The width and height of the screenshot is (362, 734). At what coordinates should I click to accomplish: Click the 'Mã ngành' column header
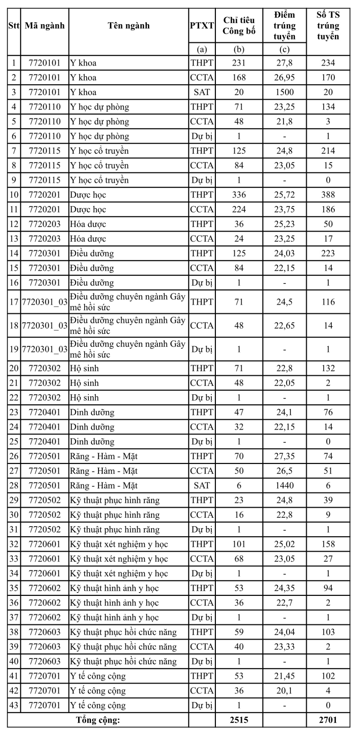(x=45, y=26)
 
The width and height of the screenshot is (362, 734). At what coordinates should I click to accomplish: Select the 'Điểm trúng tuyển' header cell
(x=284, y=26)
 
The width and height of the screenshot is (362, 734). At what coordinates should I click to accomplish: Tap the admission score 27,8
(x=284, y=63)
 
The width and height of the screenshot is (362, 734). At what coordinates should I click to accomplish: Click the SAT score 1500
(x=284, y=92)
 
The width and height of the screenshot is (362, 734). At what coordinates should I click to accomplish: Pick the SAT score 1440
(x=284, y=486)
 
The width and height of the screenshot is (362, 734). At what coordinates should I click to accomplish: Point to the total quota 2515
(x=239, y=720)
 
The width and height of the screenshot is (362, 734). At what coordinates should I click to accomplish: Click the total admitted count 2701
(x=328, y=720)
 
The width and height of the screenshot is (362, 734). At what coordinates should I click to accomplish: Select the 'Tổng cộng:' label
(x=98, y=720)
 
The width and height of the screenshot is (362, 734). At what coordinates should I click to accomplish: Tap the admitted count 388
(x=328, y=195)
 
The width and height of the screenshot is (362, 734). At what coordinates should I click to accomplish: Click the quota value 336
(x=239, y=195)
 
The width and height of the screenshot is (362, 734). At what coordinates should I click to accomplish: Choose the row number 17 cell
(x=14, y=302)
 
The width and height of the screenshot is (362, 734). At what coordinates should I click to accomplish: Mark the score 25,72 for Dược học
(x=284, y=195)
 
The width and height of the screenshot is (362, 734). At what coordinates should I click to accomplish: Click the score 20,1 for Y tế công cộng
(x=284, y=691)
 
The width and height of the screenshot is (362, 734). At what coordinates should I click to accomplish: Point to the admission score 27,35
(x=284, y=456)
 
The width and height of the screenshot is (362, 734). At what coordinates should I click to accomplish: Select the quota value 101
(x=239, y=544)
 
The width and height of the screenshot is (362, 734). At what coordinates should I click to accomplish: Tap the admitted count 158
(x=328, y=544)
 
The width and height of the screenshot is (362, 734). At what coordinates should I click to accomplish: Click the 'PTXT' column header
(x=202, y=26)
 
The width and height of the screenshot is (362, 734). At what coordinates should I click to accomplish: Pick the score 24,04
(x=284, y=632)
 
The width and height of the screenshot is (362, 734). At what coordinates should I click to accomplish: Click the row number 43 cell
(x=14, y=705)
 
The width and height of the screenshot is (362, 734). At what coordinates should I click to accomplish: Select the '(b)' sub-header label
(x=239, y=50)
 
